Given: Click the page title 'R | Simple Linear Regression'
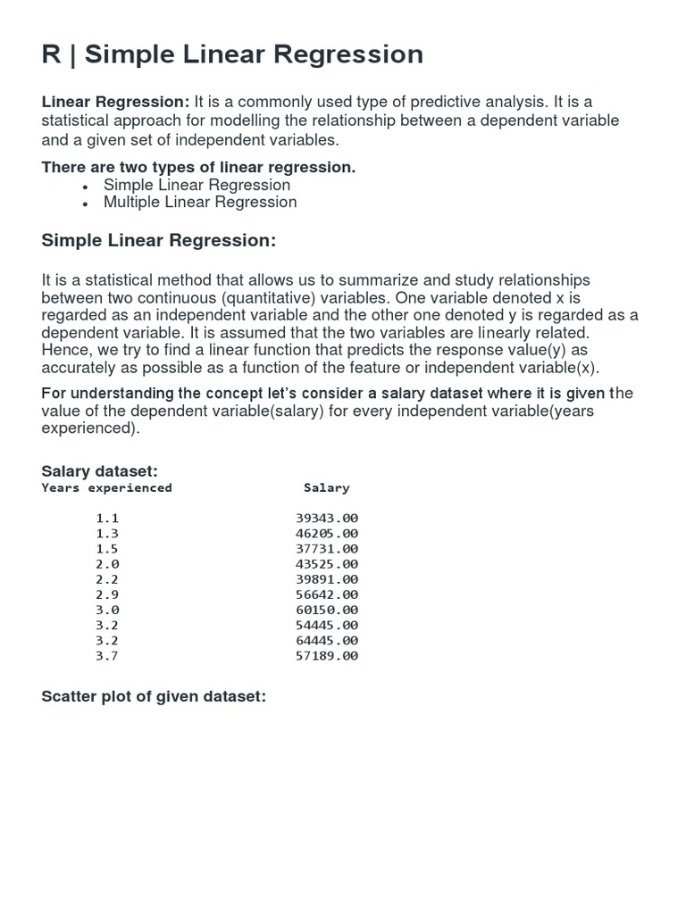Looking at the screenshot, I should point(232,55).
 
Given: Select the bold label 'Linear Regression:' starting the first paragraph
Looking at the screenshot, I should point(115,103).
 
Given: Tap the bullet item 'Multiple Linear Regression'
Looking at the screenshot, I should point(200,202).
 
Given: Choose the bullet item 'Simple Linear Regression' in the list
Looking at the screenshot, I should point(197,185).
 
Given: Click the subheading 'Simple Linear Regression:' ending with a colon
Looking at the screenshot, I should point(159,241).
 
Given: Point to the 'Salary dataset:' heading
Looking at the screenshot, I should point(100,471).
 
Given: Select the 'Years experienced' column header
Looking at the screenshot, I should point(106,488).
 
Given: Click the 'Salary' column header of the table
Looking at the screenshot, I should point(326,488).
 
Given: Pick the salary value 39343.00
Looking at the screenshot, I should point(326,518).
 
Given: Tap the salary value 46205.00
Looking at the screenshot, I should point(326,533).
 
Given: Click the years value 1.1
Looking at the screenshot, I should point(107,518).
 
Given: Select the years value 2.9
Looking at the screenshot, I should point(107,594).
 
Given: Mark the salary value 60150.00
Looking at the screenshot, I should point(326,610).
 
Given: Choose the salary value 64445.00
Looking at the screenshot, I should point(326,640).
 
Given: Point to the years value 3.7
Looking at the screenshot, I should point(107,656).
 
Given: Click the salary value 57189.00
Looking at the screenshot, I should point(326,656).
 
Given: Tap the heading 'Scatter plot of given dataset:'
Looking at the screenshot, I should point(154,696).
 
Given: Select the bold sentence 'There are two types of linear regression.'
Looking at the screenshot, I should point(198,168).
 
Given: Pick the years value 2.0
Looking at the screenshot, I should point(107,564).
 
